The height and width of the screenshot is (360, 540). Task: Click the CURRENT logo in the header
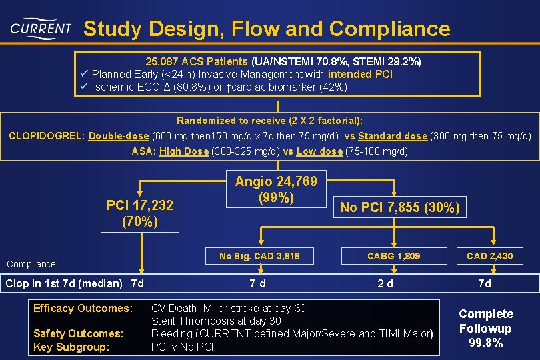tap(41, 29)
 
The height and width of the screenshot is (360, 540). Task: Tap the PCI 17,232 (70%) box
tap(140, 213)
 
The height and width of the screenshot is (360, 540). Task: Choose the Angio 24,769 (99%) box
tap(276, 190)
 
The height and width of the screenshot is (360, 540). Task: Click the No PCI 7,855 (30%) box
tap(400, 207)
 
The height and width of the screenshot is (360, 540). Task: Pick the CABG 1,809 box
tap(394, 256)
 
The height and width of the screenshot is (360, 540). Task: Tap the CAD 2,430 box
tap(490, 256)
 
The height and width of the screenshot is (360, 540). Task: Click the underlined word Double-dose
tap(119, 136)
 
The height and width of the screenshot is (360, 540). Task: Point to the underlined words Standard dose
tap(393, 136)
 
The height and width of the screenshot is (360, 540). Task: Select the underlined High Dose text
tap(183, 151)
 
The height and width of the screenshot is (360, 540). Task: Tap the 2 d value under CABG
tap(385, 283)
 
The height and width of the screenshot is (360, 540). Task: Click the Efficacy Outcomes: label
tap(83, 309)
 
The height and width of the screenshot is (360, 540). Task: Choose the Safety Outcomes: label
tap(79, 333)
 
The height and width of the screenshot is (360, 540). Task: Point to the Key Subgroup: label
tap(72, 347)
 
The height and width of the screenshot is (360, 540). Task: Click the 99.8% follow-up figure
tap(486, 343)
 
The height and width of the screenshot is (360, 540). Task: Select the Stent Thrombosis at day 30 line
tap(217, 321)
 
